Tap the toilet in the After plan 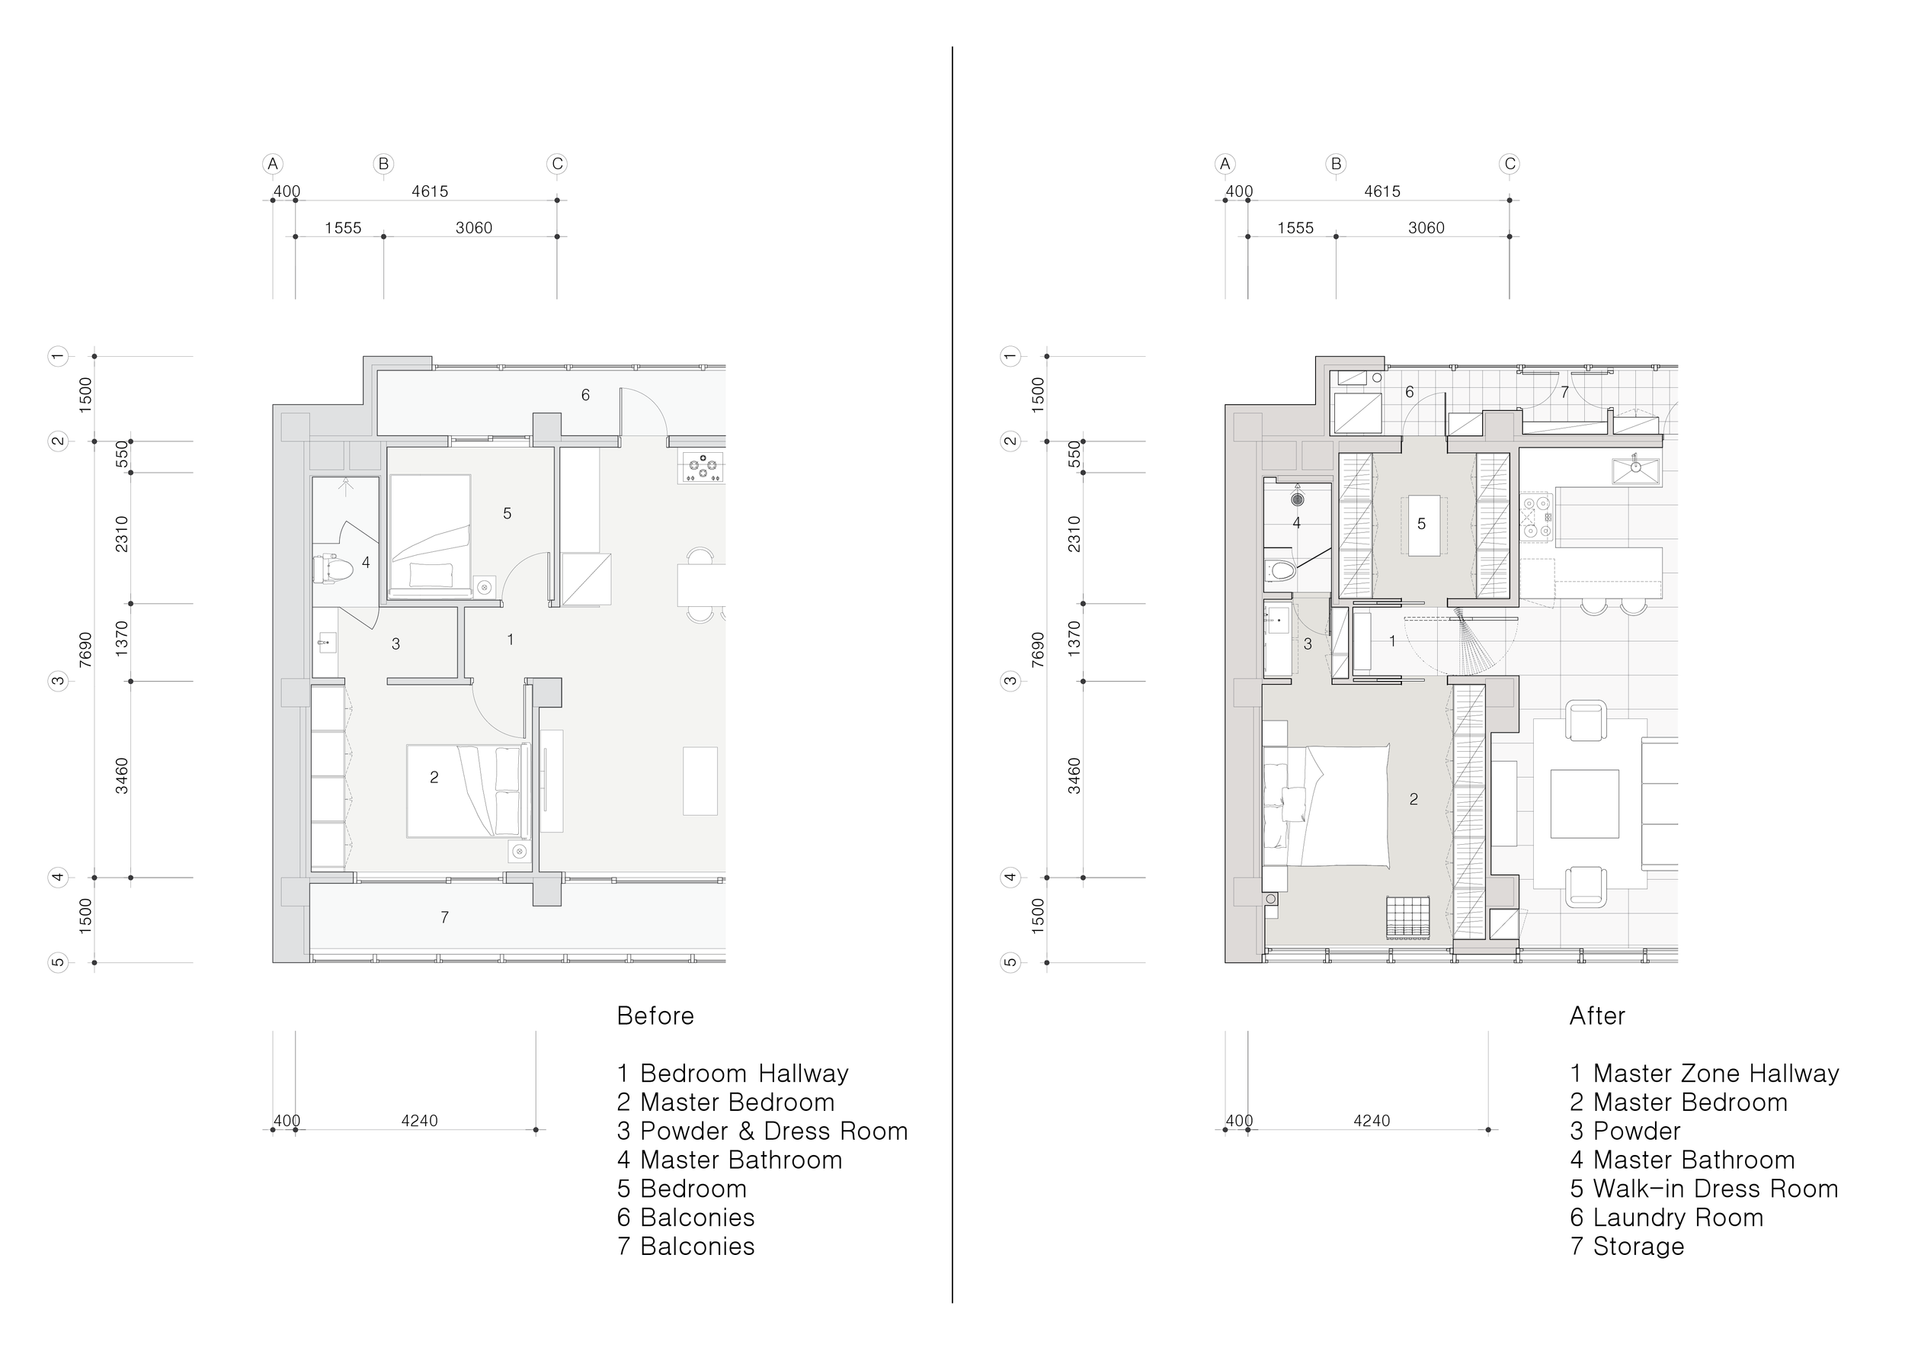tap(1281, 571)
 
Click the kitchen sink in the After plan tap(1636, 470)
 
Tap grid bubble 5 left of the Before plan tap(57, 963)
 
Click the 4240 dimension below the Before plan tap(419, 1121)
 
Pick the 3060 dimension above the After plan tap(1426, 228)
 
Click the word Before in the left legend tap(655, 1016)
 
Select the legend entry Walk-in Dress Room tap(1704, 1189)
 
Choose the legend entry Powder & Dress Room tap(763, 1131)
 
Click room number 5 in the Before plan tap(507, 514)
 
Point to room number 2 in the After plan tap(1414, 799)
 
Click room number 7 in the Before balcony tap(445, 917)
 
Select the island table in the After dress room tap(1421, 525)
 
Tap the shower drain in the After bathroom tap(1298, 499)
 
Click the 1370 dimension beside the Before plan tap(122, 639)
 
